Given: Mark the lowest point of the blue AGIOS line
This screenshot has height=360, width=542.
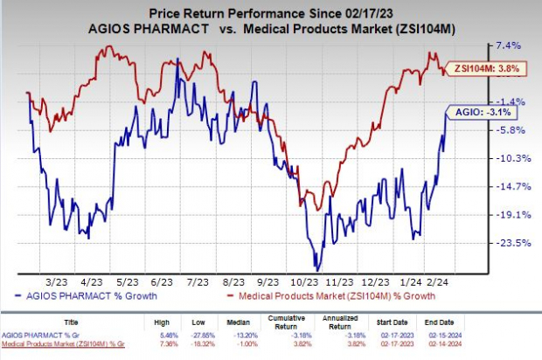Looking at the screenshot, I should click(x=316, y=269).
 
